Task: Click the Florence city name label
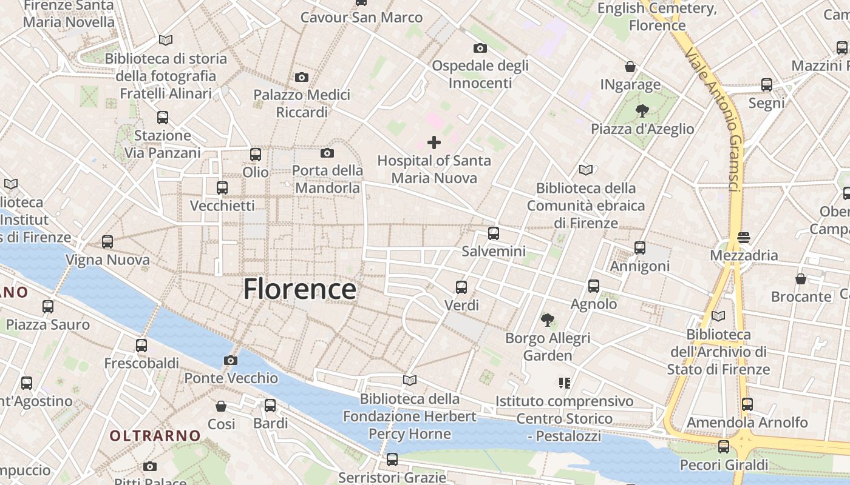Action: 299,289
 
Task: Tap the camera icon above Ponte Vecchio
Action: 230,361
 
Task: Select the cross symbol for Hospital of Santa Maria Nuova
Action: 434,143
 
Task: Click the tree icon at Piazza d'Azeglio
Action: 642,110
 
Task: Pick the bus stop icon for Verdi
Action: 461,287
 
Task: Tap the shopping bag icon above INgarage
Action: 630,67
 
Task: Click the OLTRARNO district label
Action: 155,435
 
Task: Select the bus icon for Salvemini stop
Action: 494,233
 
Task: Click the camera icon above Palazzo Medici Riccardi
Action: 301,77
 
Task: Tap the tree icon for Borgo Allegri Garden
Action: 548,319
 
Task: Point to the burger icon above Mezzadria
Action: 744,238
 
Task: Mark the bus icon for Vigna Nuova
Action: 107,242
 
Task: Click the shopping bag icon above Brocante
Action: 801,279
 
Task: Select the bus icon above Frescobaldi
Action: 141,346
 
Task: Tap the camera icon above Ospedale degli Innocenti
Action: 480,48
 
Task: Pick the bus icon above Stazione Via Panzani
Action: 162,118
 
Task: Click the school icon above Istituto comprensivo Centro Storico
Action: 565,383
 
